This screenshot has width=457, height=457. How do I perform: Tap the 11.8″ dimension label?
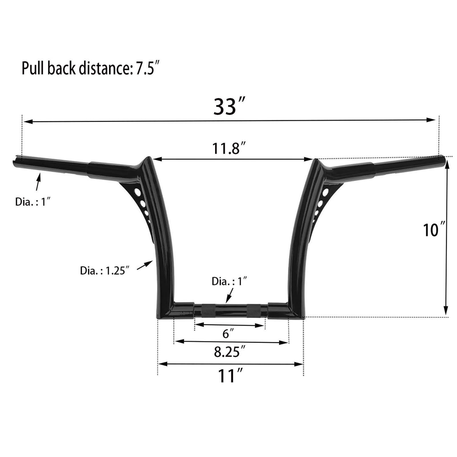click(228, 149)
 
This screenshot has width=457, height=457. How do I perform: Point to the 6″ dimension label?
click(228, 333)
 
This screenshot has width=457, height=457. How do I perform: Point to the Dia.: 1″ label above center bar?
click(229, 281)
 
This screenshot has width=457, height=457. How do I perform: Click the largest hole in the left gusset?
click(138, 192)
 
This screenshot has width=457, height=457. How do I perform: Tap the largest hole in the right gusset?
click(325, 193)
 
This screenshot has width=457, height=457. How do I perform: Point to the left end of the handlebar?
click(14, 162)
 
